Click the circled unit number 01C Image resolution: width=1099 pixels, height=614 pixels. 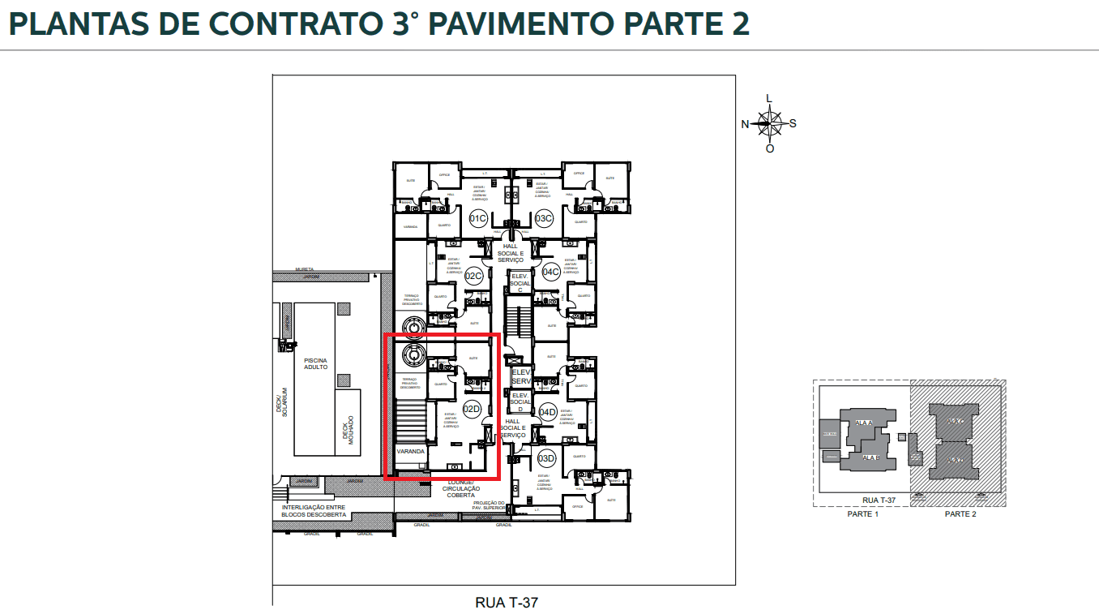(x=478, y=218)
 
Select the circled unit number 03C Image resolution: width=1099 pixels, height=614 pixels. (x=543, y=218)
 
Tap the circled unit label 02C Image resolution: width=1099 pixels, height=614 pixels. (x=473, y=276)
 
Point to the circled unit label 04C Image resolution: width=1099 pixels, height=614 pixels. (x=551, y=272)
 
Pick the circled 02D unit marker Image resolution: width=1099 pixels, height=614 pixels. (x=472, y=410)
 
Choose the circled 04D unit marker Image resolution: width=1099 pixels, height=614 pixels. (x=548, y=412)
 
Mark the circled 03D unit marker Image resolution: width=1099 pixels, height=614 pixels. (x=546, y=458)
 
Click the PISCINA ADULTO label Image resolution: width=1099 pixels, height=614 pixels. (x=315, y=363)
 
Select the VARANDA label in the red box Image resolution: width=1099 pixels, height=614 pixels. (x=411, y=451)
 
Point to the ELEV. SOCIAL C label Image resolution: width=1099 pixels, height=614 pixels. (x=520, y=282)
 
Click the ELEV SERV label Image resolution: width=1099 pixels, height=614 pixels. (x=520, y=377)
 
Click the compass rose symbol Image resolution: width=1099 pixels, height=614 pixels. (x=769, y=124)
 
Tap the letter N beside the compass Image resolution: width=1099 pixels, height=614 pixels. (x=745, y=124)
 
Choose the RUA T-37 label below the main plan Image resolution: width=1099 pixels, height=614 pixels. (x=506, y=603)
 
